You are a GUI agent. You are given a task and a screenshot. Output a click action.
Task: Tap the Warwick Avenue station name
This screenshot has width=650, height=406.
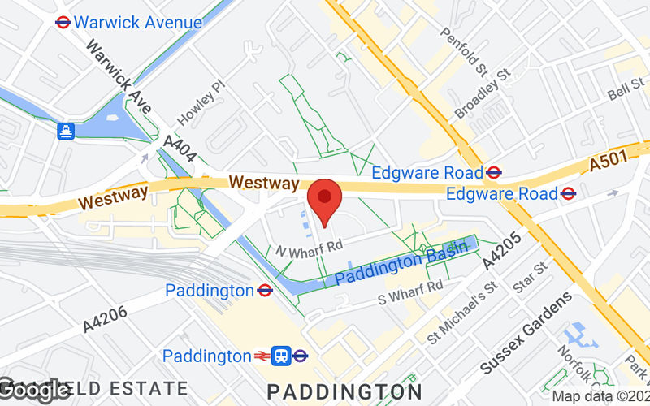(x=137, y=22)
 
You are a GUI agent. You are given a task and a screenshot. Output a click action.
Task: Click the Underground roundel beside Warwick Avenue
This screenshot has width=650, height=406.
(x=63, y=22)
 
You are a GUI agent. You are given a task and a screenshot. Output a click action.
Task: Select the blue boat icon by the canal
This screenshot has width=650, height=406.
(x=65, y=130)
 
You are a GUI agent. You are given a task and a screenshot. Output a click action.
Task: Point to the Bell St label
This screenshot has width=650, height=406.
(x=626, y=90)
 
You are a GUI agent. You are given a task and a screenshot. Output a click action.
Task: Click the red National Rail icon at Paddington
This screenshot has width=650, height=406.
(x=261, y=356)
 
